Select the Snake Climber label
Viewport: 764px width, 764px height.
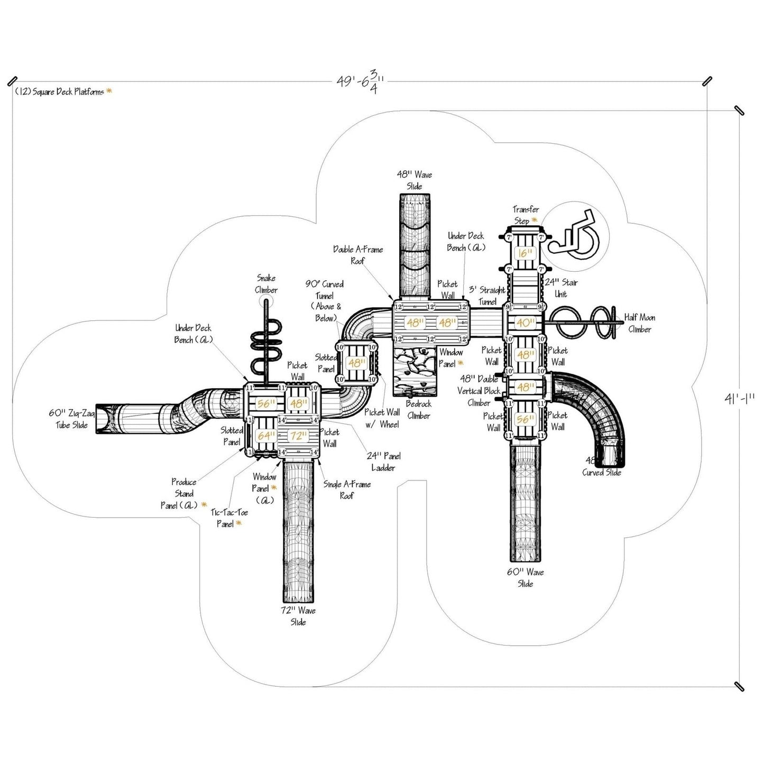pyautogui.click(x=266, y=284)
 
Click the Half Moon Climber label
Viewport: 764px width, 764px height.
pyautogui.click(x=640, y=324)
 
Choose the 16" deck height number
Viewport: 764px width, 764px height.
pyautogui.click(x=525, y=253)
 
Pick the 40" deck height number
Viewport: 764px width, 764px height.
pyautogui.click(x=525, y=323)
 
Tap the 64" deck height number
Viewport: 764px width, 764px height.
pyautogui.click(x=265, y=436)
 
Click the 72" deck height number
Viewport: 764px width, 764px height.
pyautogui.click(x=298, y=436)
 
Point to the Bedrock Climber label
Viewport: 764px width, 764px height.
pyautogui.click(x=418, y=410)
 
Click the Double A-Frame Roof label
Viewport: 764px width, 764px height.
pyautogui.click(x=358, y=255)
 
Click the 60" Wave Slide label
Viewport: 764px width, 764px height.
pyautogui.click(x=525, y=578)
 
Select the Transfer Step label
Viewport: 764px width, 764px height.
pyautogui.click(x=526, y=215)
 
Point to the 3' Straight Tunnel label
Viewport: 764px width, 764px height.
pyautogui.click(x=487, y=296)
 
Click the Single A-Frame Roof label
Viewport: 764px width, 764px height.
pyautogui.click(x=347, y=490)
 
